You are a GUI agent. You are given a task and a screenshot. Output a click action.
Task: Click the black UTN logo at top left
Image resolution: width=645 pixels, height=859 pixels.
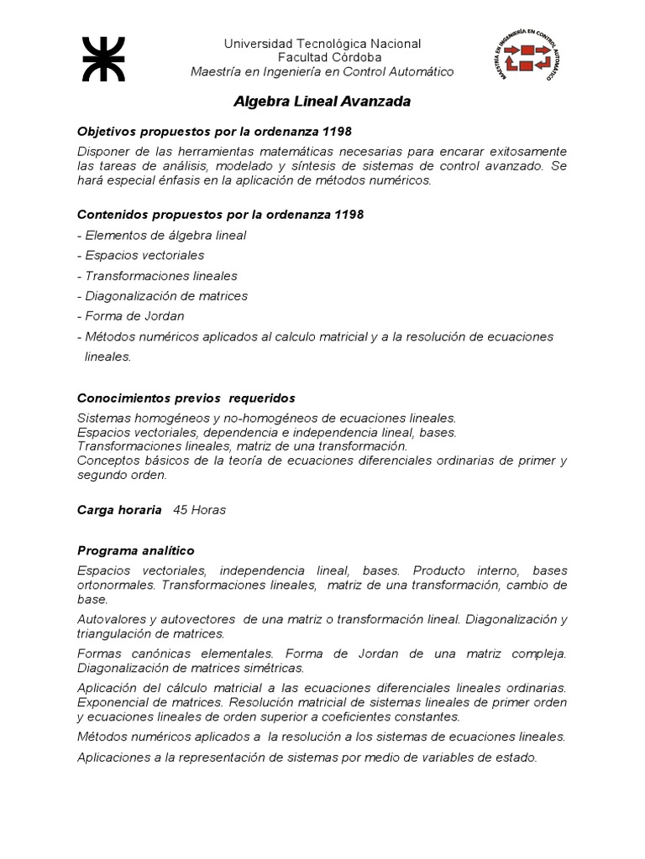click(103, 59)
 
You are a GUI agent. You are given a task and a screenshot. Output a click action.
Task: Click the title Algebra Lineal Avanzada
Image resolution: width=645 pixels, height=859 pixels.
click(322, 102)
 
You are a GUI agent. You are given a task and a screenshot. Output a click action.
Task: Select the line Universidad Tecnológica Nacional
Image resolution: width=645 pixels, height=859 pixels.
click(322, 44)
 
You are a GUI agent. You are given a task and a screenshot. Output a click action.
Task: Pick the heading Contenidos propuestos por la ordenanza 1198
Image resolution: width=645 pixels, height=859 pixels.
click(220, 215)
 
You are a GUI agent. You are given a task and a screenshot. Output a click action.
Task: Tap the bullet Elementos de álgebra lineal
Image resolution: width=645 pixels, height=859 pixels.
click(161, 236)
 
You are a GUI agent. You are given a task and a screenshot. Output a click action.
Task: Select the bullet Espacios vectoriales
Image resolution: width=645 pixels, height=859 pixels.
click(140, 255)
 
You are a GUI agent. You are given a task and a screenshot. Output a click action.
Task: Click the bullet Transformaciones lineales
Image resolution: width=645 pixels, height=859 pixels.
click(157, 276)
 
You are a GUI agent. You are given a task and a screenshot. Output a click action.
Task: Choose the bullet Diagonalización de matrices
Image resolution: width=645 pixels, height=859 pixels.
click(162, 296)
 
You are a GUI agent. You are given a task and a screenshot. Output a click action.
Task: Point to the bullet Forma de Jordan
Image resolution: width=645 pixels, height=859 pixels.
click(130, 316)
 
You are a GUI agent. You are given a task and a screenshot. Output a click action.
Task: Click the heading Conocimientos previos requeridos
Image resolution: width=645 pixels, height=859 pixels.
click(186, 398)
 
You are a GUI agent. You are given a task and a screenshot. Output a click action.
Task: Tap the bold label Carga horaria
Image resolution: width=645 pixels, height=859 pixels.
click(119, 509)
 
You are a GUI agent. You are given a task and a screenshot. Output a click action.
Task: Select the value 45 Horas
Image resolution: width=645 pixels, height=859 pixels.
click(199, 509)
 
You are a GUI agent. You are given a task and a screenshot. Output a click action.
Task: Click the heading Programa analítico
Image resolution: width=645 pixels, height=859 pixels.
click(135, 550)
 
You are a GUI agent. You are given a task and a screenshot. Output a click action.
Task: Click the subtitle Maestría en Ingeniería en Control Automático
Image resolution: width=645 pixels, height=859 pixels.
click(322, 71)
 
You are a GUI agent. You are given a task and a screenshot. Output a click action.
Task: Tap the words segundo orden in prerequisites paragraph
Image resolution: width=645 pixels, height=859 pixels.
click(122, 475)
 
